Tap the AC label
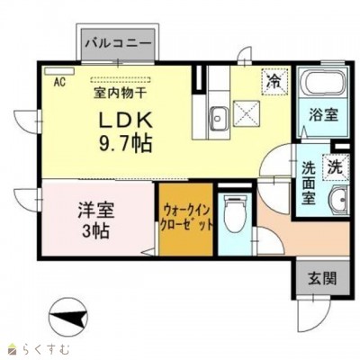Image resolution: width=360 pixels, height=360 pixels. tap(59, 83)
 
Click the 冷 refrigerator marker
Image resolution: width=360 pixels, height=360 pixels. tap(273, 80)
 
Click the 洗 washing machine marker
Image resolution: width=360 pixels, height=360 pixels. tap(333, 166)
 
